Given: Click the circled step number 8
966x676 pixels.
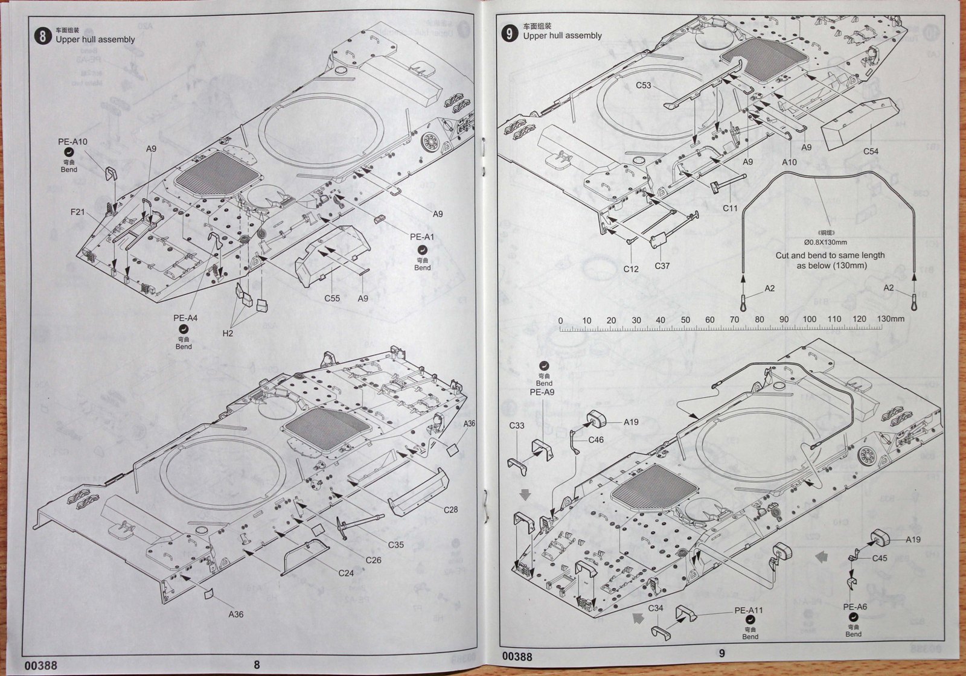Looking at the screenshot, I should [x=42, y=36].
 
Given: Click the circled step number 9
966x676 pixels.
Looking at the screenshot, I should [x=510, y=33].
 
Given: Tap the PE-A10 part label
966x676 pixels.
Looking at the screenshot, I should [x=73, y=142].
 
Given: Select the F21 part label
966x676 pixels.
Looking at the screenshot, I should [x=77, y=211].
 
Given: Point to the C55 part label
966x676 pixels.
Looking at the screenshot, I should [x=332, y=298].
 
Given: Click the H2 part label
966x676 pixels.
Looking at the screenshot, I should [x=228, y=333].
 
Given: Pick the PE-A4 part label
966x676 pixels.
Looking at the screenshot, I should [x=185, y=318].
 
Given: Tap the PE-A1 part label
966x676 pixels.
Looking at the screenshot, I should [x=422, y=237].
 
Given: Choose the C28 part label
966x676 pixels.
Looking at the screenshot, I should [x=450, y=509].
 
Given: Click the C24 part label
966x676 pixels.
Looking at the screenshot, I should [x=346, y=573].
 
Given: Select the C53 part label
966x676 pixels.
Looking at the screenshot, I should [x=644, y=85].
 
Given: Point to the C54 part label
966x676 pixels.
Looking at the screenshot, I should [x=871, y=151].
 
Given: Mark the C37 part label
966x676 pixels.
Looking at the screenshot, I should [x=662, y=266].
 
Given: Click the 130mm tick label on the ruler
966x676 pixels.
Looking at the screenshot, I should [x=891, y=319].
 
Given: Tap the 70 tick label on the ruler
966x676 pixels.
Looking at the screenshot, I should [x=734, y=320].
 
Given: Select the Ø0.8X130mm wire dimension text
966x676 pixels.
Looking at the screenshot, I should [x=825, y=242].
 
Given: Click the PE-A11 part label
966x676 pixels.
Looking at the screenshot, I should [x=749, y=610].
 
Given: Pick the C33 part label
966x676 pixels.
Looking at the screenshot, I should [x=517, y=426].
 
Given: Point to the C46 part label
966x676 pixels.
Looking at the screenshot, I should [x=595, y=440].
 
